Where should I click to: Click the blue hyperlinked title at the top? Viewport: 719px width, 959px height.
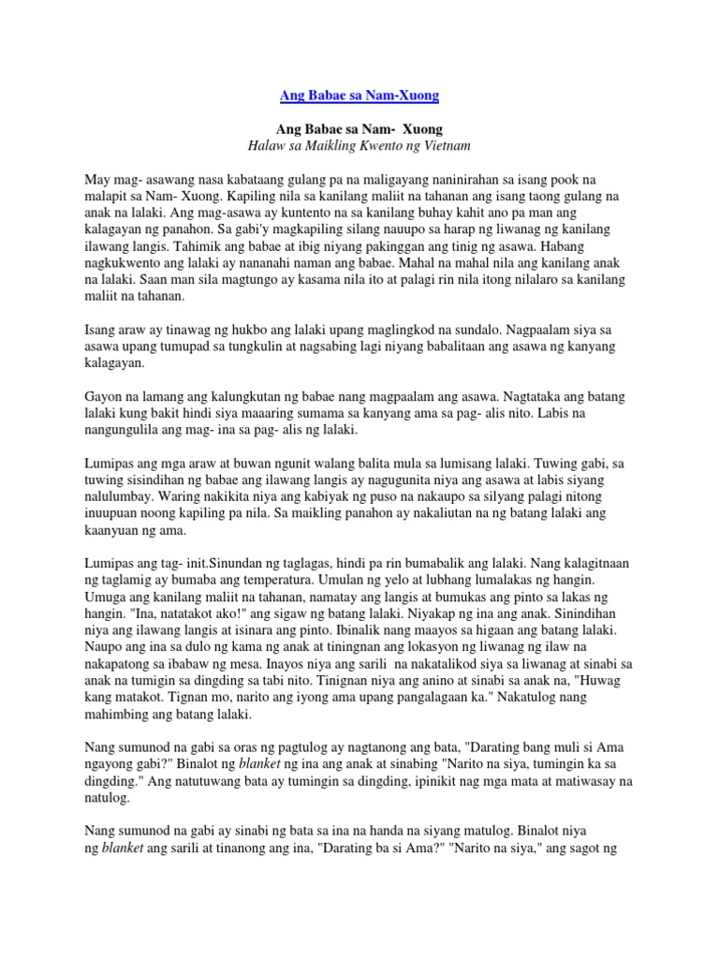click(360, 96)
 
